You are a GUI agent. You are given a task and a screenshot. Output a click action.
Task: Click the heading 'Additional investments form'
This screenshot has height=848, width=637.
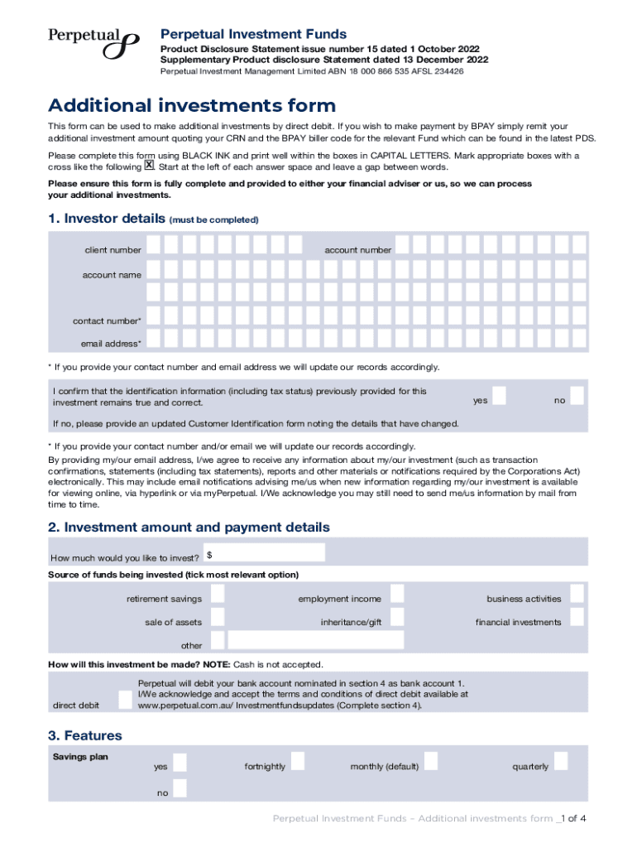(192, 106)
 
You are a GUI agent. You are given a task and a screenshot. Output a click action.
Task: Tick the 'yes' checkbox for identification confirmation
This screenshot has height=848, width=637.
(510, 396)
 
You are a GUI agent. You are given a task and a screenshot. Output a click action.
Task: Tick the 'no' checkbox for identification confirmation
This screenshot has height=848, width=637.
(577, 396)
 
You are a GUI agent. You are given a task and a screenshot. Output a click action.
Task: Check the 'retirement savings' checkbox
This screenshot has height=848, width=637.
(218, 594)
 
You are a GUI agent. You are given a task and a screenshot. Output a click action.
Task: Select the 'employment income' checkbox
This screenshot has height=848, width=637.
(397, 594)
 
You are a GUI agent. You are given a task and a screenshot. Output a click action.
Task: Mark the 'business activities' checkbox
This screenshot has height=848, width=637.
(577, 594)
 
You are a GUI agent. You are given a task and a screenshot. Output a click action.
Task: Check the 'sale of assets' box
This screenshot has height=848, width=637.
(218, 617)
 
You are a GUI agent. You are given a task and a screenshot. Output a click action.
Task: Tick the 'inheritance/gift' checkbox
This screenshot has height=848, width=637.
(397, 617)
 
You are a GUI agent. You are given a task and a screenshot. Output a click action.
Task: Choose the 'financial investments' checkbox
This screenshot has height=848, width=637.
(577, 617)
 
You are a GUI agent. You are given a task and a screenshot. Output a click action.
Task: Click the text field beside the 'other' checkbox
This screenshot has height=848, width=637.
(316, 640)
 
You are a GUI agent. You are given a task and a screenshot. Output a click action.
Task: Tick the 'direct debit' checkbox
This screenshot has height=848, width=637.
(124, 700)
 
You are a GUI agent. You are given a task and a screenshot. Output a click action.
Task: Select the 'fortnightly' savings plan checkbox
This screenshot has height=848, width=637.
(298, 762)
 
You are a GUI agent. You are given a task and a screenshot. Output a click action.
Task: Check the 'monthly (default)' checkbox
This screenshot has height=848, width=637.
(431, 762)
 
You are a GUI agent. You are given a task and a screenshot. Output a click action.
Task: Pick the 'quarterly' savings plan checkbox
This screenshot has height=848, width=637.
(561, 762)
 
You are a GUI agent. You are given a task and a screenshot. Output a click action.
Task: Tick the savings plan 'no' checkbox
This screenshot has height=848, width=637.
(180, 788)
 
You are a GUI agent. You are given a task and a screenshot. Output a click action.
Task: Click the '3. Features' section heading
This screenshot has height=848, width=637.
(85, 735)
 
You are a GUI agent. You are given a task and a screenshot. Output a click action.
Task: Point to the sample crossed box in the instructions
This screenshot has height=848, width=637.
(150, 166)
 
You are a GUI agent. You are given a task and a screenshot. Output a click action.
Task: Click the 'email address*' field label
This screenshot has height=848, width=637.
(111, 344)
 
